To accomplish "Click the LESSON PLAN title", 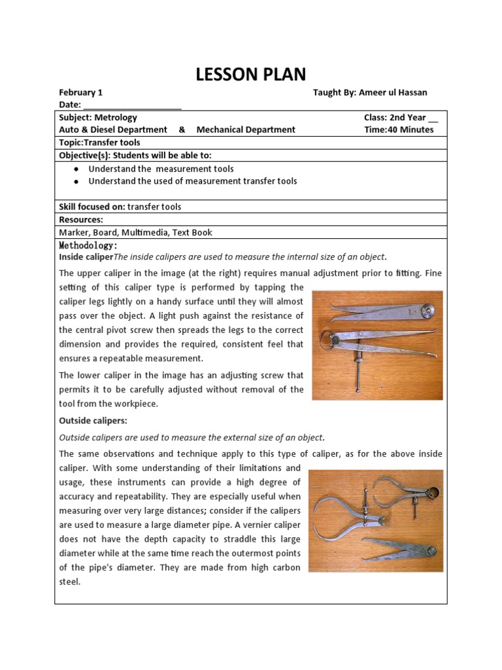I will [251, 74].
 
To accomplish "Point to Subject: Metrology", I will [98, 118].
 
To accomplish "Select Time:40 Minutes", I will [399, 130].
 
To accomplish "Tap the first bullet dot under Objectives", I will [77, 169].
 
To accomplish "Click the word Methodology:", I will [88, 245].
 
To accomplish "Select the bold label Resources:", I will [81, 220].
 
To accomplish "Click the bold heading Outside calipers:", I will [93, 421].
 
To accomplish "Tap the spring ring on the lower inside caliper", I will [325, 340].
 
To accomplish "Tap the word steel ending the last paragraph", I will [69, 581].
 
